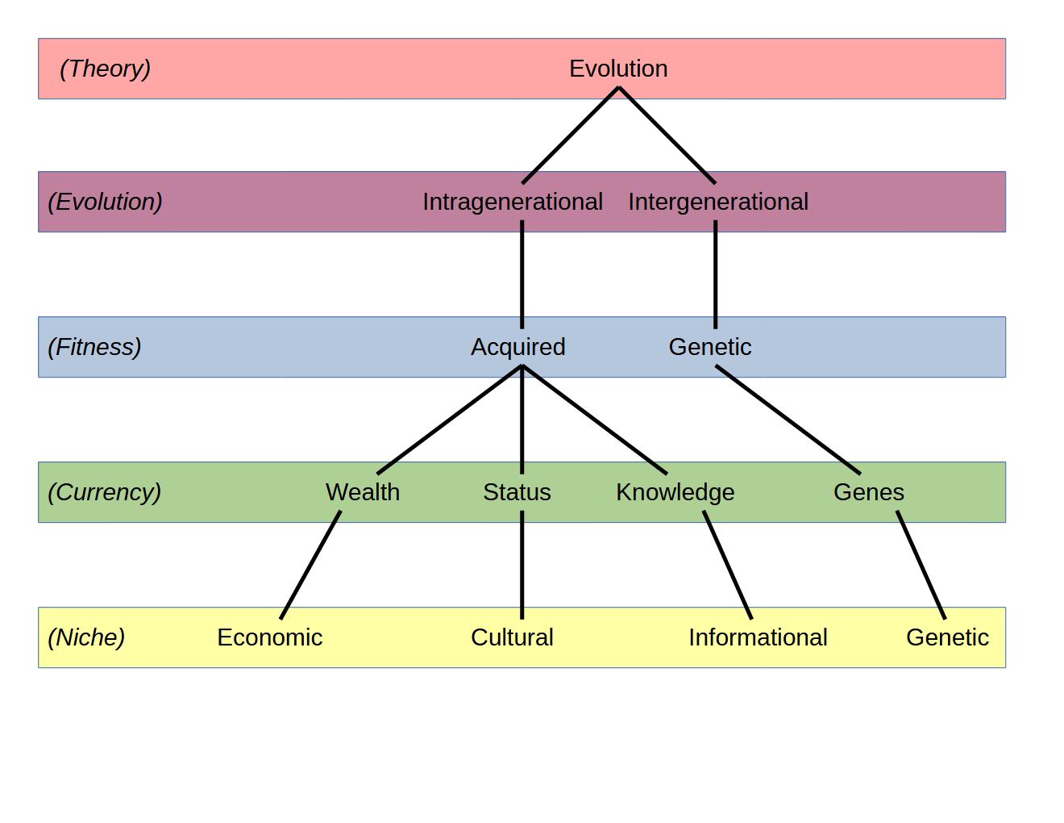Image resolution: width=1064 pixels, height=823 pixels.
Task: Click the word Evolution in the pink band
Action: click(618, 69)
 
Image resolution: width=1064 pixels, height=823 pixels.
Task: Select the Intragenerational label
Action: click(513, 202)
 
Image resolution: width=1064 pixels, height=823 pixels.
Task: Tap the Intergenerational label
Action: click(717, 202)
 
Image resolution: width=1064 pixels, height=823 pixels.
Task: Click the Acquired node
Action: click(518, 347)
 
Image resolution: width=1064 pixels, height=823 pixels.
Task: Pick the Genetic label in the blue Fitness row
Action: click(710, 347)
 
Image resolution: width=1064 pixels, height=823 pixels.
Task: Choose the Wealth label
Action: click(363, 492)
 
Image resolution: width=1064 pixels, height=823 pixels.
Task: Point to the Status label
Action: click(517, 492)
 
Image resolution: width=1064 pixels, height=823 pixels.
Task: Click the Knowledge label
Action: click(675, 492)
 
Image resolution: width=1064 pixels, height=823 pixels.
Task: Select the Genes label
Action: click(869, 492)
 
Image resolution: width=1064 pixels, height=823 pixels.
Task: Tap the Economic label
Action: click(270, 637)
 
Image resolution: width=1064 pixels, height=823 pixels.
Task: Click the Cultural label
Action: click(512, 637)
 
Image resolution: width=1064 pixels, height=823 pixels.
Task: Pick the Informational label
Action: click(758, 637)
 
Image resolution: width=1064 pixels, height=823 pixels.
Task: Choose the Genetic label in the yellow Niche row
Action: click(947, 637)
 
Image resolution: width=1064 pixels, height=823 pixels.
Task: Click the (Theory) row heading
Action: click(105, 69)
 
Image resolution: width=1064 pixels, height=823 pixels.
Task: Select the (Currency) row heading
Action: click(105, 492)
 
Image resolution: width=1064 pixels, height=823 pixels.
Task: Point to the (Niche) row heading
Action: click(86, 637)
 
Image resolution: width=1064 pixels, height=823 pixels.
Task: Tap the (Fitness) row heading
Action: click(94, 347)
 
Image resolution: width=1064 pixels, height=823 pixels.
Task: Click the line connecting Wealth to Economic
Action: click(310, 565)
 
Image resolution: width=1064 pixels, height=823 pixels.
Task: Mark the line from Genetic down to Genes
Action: click(788, 420)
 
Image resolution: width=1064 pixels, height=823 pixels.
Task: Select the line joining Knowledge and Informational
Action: click(728, 565)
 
